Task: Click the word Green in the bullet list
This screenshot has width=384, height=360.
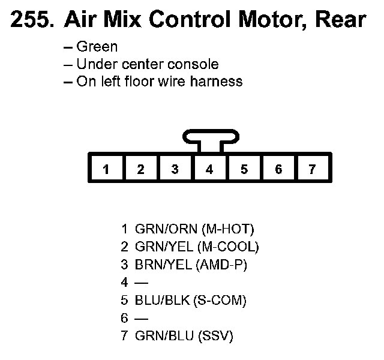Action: click(97, 47)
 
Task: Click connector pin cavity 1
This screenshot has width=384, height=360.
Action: click(106, 169)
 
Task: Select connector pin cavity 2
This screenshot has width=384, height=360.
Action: click(140, 169)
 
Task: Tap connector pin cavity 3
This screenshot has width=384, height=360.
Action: click(175, 169)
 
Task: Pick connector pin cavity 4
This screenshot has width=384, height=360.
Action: click(209, 169)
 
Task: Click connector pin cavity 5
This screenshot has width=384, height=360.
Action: click(244, 169)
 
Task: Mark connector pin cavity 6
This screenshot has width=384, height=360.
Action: click(278, 169)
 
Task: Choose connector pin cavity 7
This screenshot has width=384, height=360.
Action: click(312, 169)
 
